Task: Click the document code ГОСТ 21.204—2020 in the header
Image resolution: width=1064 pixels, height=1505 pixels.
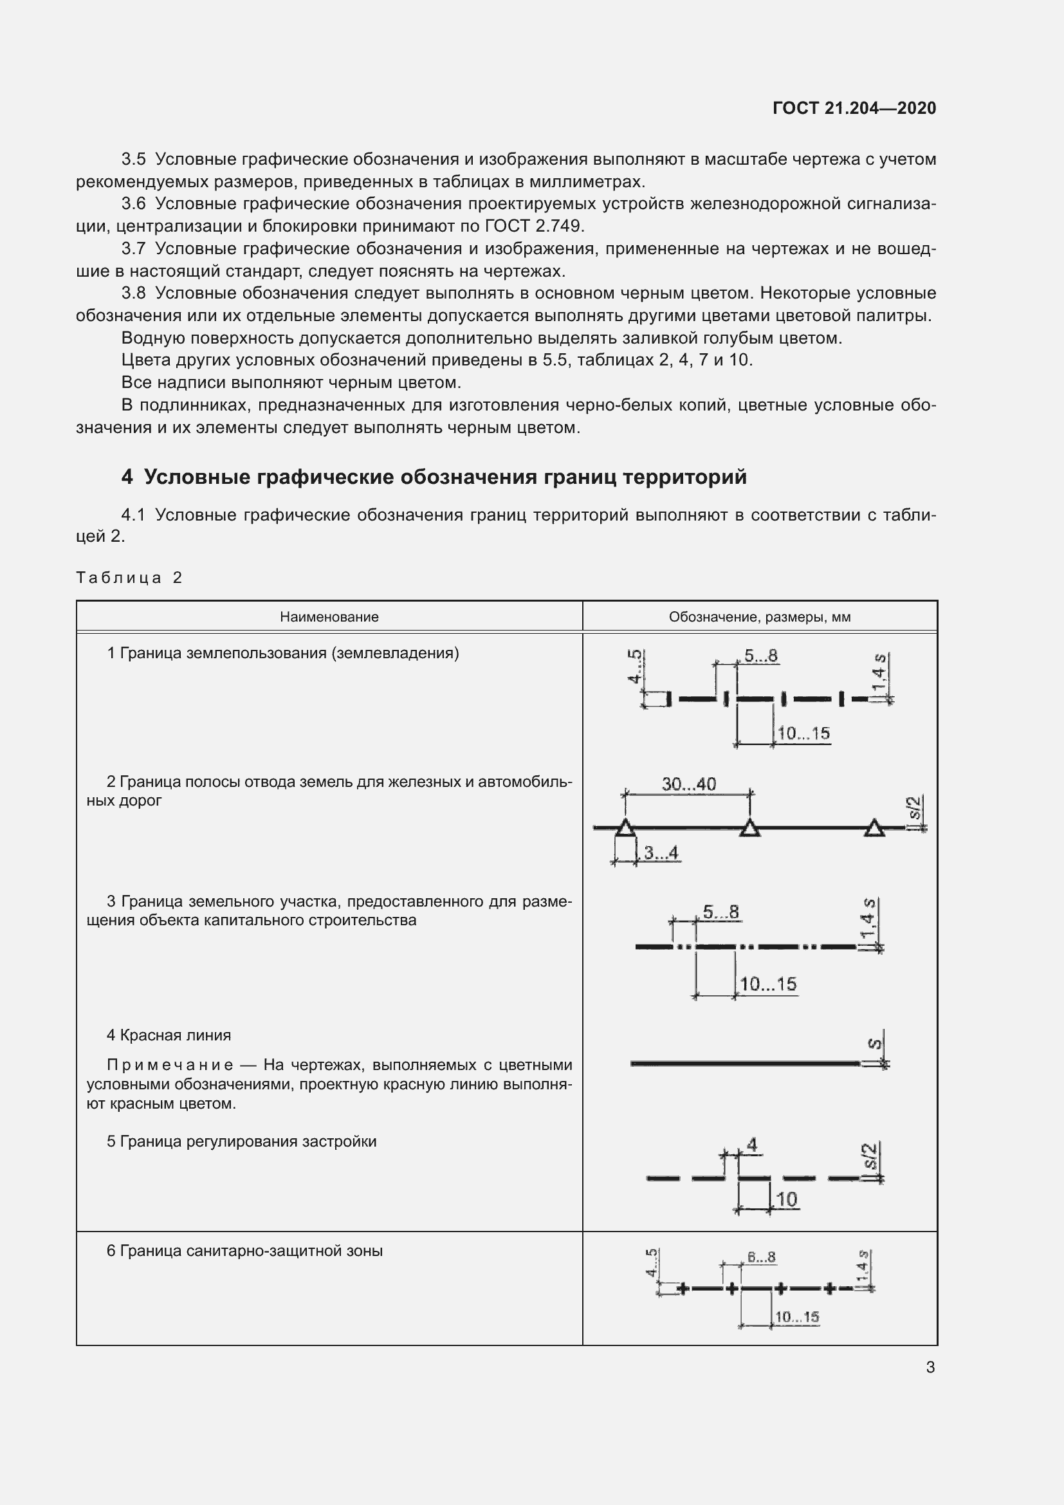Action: coord(854,108)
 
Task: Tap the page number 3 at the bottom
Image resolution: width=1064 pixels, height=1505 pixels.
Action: coord(930,1367)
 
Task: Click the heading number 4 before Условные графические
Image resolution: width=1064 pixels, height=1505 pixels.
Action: coord(127,477)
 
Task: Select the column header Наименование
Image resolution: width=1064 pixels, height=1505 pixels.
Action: coord(329,617)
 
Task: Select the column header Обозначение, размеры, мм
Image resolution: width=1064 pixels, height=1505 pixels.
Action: coord(759,617)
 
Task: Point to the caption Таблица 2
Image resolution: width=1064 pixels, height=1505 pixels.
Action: coord(129,577)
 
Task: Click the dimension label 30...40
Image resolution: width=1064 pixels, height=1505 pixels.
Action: coord(688,784)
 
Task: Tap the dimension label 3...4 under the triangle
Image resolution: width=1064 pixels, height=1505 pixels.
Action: coord(661,853)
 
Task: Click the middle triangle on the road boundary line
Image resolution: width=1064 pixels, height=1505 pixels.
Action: coord(750,829)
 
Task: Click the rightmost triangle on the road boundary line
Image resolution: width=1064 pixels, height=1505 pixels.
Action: coord(874,829)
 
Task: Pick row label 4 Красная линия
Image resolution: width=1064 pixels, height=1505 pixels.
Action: coord(169,1035)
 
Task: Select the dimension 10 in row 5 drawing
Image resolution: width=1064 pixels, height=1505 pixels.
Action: coord(785,1199)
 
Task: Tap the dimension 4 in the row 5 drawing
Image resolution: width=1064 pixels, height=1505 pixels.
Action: coord(752,1145)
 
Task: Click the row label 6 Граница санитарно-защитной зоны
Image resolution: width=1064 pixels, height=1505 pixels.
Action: coord(244,1251)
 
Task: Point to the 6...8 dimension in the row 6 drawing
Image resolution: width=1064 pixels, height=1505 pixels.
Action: coord(761,1257)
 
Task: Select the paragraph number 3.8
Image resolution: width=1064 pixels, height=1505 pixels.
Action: coord(134,293)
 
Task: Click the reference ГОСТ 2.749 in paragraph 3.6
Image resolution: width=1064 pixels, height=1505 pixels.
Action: coord(533,226)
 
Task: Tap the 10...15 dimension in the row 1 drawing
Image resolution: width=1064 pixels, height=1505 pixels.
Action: coord(803,734)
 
